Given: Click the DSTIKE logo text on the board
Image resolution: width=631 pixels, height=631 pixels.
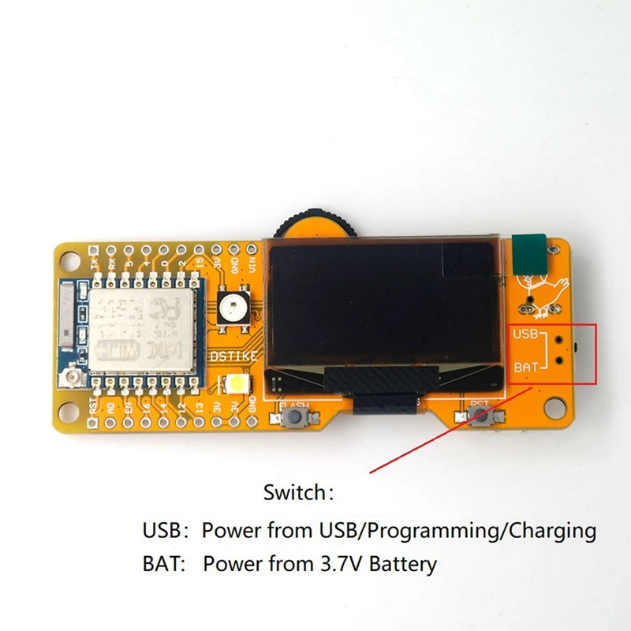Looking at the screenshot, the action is pyautogui.click(x=233, y=357).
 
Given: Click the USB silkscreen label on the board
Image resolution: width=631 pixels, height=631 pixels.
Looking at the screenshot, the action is pyautogui.click(x=525, y=334).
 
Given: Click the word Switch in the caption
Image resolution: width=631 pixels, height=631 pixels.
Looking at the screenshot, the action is pyautogui.click(x=293, y=494).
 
